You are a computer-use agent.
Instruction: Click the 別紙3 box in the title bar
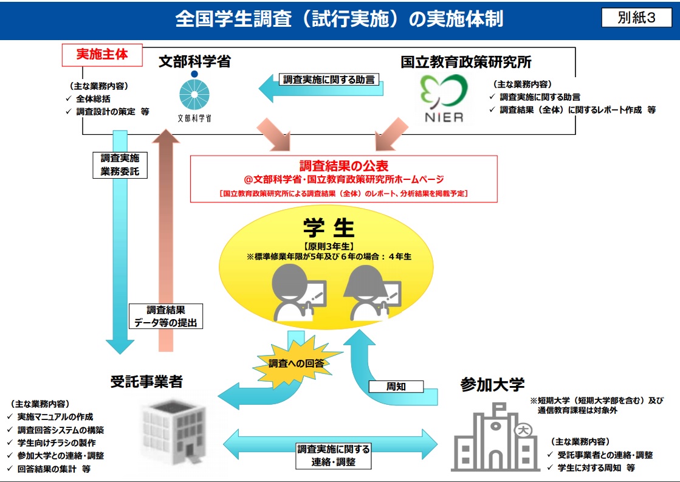tap(636, 18)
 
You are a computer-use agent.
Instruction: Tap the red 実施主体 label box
tap(102, 54)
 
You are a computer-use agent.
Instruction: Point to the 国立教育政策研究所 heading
tap(466, 61)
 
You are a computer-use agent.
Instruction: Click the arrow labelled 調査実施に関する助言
tap(322, 86)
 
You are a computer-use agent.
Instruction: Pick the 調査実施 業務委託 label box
tap(120, 164)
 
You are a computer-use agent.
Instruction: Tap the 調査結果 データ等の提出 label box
tap(165, 316)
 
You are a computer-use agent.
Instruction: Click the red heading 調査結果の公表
tap(343, 166)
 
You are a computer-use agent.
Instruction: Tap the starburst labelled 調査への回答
tap(296, 363)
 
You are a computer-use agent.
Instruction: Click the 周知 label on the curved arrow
tap(396, 386)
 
